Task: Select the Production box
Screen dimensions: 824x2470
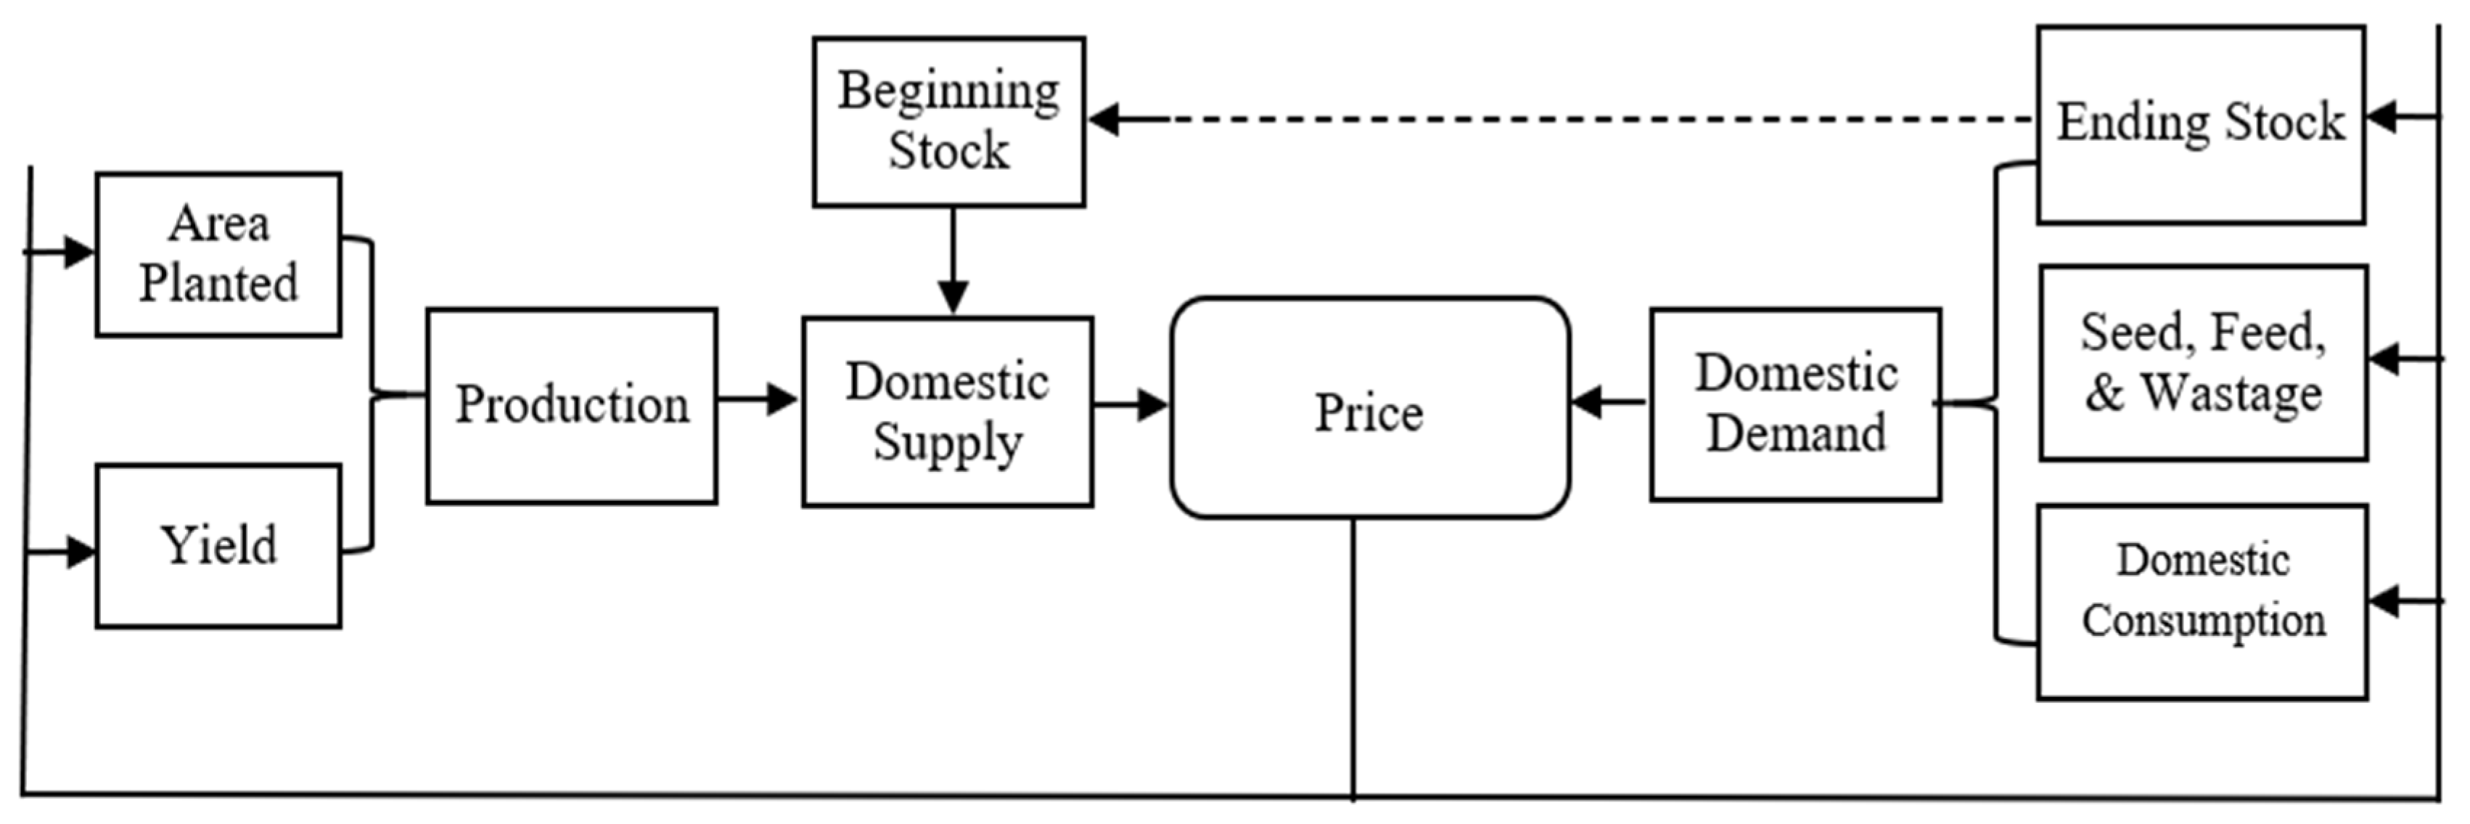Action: pyautogui.click(x=572, y=406)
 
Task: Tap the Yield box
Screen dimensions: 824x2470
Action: pyautogui.click(x=218, y=546)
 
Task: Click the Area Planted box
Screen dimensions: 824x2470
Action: pyautogui.click(x=218, y=254)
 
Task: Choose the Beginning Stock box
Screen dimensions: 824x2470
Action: pyautogui.click(x=948, y=122)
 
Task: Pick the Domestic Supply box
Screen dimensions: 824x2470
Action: pyautogui.click(x=948, y=412)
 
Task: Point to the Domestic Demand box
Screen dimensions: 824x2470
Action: pyautogui.click(x=1795, y=404)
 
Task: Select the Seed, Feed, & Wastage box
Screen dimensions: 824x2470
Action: pyautogui.click(x=2202, y=362)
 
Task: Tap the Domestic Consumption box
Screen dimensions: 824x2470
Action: pyautogui.click(x=2202, y=601)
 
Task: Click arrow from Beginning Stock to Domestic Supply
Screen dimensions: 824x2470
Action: pyautogui.click(x=952, y=259)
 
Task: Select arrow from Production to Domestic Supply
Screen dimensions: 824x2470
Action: pyautogui.click(x=758, y=399)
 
